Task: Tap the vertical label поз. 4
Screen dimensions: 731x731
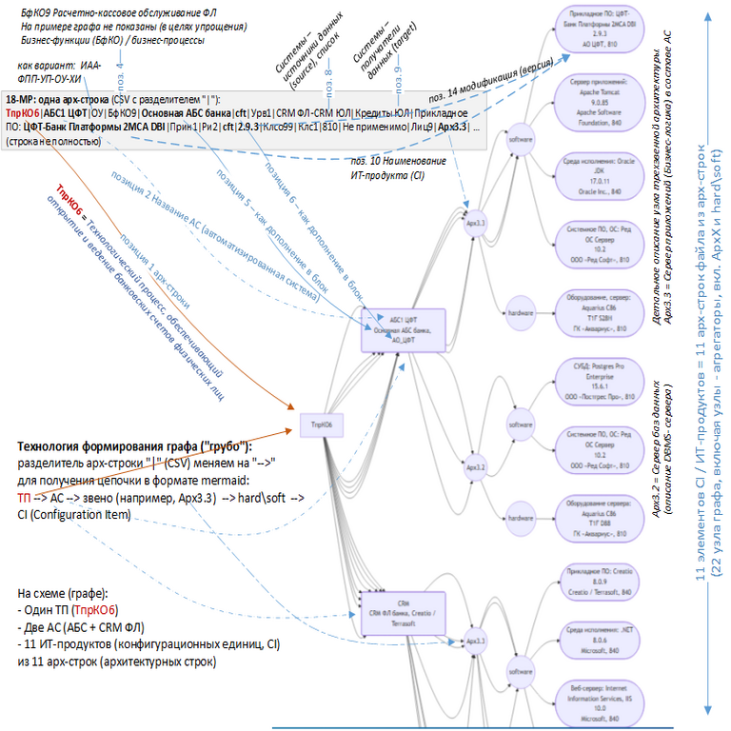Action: (120, 73)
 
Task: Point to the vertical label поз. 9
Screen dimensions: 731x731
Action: (398, 73)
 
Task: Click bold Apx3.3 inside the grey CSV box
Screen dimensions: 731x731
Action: (452, 127)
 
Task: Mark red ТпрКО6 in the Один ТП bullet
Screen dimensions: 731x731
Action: (101, 609)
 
